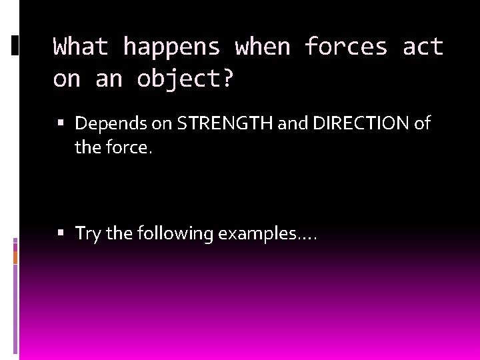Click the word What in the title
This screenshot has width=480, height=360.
point(81,47)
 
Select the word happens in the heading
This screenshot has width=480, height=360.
point(171,47)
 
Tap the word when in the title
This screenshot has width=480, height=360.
point(263,47)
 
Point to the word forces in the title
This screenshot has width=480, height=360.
point(346,47)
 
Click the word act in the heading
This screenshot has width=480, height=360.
point(423,47)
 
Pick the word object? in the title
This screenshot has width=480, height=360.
point(185,79)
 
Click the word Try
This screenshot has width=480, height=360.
point(87,234)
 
